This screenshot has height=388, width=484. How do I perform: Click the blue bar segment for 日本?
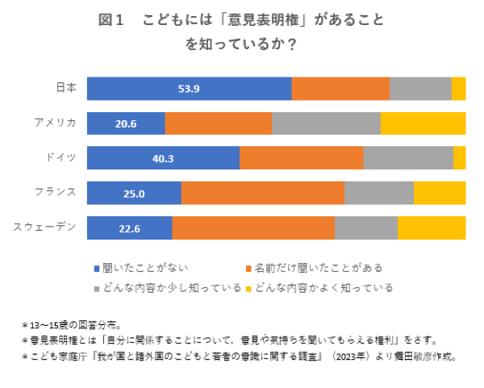click(189, 89)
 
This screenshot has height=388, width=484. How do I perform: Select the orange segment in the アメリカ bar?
click(219, 123)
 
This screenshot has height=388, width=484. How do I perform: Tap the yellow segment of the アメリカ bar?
click(423, 123)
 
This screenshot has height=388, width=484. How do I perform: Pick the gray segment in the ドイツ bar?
click(408, 158)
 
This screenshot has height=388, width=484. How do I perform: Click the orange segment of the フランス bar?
click(263, 194)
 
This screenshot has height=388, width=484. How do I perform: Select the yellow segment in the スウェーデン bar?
click(432, 228)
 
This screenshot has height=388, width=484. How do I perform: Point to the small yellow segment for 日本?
click(458, 89)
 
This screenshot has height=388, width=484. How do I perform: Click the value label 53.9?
click(189, 89)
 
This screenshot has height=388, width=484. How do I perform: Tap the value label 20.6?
click(126, 123)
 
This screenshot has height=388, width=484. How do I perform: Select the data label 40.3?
click(163, 158)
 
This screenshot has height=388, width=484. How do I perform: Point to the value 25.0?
click(134, 194)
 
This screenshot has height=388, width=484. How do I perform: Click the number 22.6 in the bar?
click(130, 228)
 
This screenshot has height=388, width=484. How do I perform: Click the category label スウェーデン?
click(45, 226)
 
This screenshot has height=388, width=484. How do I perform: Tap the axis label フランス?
click(56, 191)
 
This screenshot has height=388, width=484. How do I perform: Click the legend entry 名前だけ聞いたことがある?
click(312, 267)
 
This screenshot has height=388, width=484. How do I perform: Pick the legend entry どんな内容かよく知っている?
click(319, 287)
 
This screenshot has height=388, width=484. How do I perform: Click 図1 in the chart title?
click(110, 20)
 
